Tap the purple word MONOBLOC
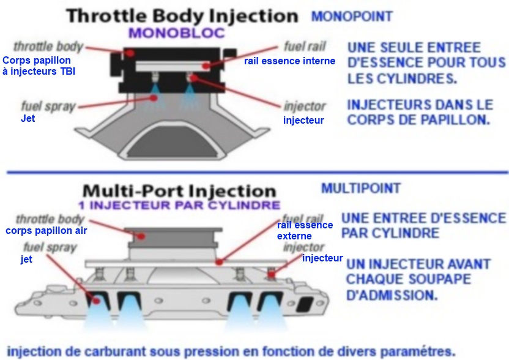coord(176,34)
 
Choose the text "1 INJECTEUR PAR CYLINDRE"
coord(179,204)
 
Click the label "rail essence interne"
coord(289,61)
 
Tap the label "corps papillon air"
coord(46,231)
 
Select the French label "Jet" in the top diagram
coord(28,118)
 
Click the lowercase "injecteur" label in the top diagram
coord(303,120)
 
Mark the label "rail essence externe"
coord(305,230)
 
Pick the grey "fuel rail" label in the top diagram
coord(305,47)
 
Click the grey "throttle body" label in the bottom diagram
coord(50,219)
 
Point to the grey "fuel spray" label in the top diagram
coord(48,105)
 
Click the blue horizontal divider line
coord(254,173)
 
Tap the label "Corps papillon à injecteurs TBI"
coord(39,66)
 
